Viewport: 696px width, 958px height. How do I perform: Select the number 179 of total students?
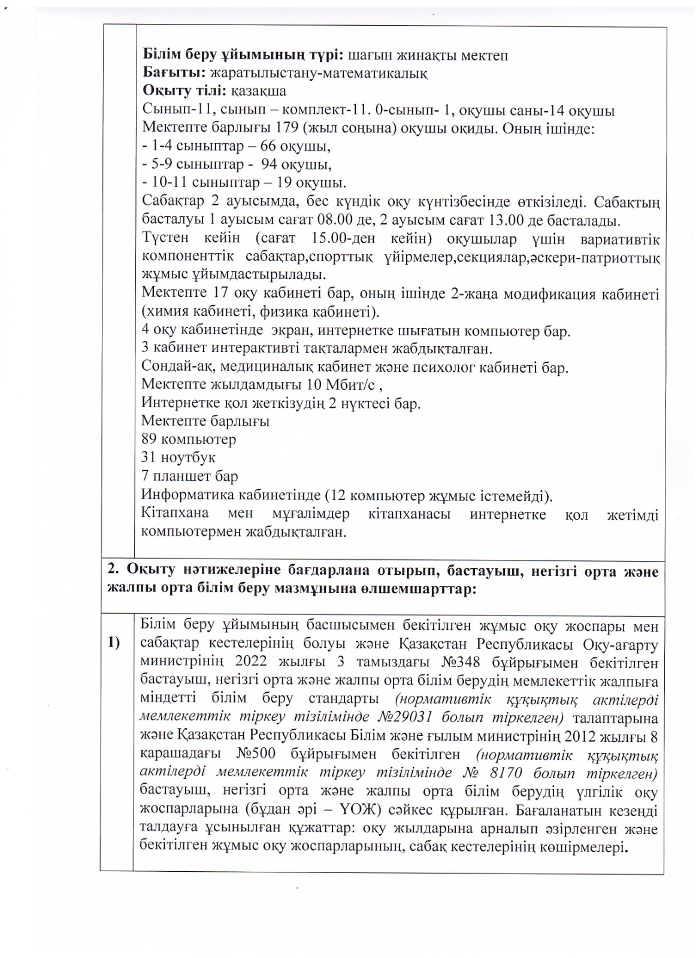click(x=288, y=128)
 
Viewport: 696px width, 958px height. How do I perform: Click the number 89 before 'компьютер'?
click(x=150, y=439)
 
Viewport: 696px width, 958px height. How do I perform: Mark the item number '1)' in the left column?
click(x=114, y=644)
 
